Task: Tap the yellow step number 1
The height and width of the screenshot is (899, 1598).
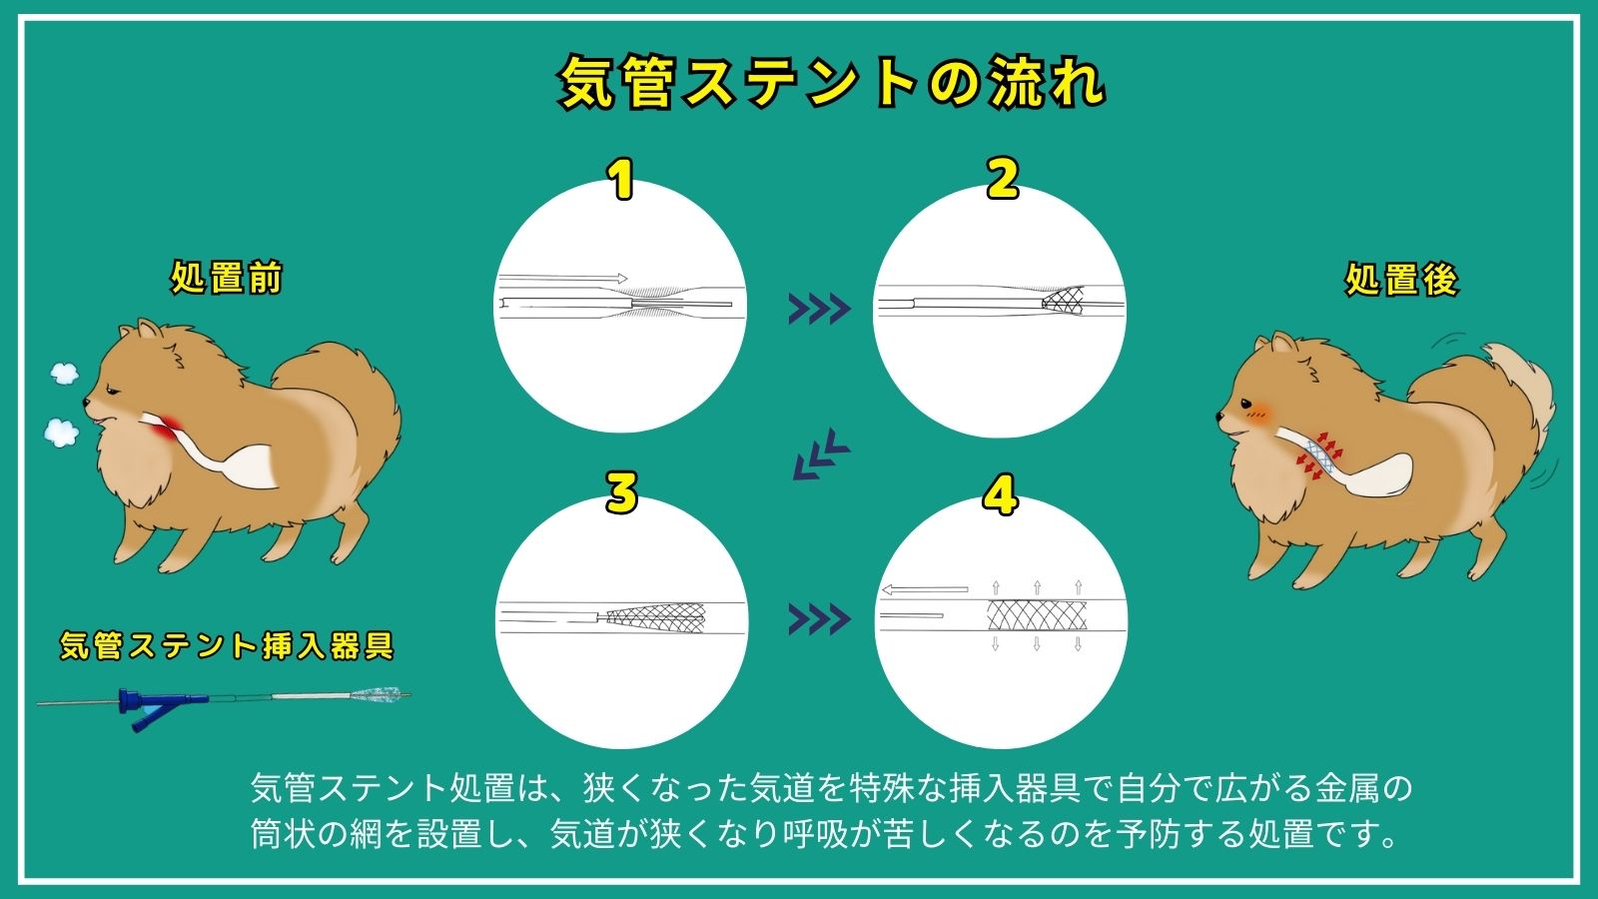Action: pyautogui.click(x=622, y=180)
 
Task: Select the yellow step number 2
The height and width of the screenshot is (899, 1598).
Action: pyautogui.click(x=1003, y=179)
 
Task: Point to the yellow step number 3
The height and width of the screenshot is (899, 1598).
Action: pyautogui.click(x=621, y=492)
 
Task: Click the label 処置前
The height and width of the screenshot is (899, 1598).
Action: pyautogui.click(x=226, y=277)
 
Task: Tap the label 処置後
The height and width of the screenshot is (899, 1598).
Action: pyautogui.click(x=1401, y=279)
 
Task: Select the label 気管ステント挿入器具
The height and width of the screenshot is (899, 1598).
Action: pyautogui.click(x=226, y=645)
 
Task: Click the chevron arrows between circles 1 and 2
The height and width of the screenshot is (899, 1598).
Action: pyautogui.click(x=820, y=309)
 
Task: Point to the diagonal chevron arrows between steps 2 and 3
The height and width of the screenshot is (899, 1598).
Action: pyautogui.click(x=821, y=454)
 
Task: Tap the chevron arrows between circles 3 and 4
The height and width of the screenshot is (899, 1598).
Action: pyautogui.click(x=820, y=619)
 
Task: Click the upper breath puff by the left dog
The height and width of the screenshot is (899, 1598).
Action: pyautogui.click(x=64, y=373)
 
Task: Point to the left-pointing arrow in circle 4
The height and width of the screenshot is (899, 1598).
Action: pyautogui.click(x=925, y=590)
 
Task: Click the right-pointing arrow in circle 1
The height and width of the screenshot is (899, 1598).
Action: pyautogui.click(x=563, y=279)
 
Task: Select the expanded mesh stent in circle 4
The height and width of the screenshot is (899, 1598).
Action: pyautogui.click(x=1036, y=615)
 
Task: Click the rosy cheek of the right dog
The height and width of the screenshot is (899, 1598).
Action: pyautogui.click(x=1259, y=412)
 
